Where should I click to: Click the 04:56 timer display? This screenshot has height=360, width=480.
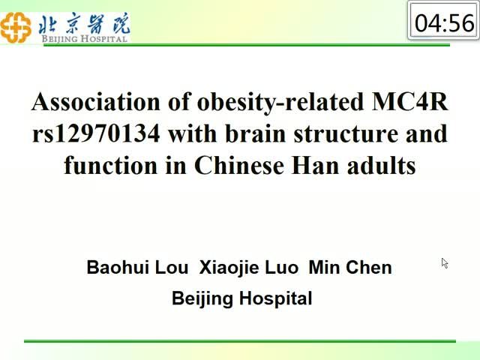point(444,23)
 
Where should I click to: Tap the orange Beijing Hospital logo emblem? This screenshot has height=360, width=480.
point(16,27)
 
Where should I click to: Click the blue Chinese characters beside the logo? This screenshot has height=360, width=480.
point(85,23)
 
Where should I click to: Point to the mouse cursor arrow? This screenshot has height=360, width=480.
point(445,263)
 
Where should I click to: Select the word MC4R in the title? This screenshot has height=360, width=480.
point(409,102)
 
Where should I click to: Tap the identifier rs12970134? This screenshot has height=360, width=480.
point(96,133)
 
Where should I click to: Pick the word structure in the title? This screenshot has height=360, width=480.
point(346,133)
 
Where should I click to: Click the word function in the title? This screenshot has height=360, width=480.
point(110,165)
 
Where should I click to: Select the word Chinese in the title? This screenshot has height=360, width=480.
point(239,165)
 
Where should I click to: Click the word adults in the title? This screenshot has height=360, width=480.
point(382,165)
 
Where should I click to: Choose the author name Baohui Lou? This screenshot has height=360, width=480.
point(137,267)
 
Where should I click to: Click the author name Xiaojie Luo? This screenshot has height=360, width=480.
point(248,268)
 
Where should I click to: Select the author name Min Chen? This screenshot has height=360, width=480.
point(350,267)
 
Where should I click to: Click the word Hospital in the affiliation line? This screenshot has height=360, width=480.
point(275,298)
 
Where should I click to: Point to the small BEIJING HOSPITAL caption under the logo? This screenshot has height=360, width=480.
point(85,39)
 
